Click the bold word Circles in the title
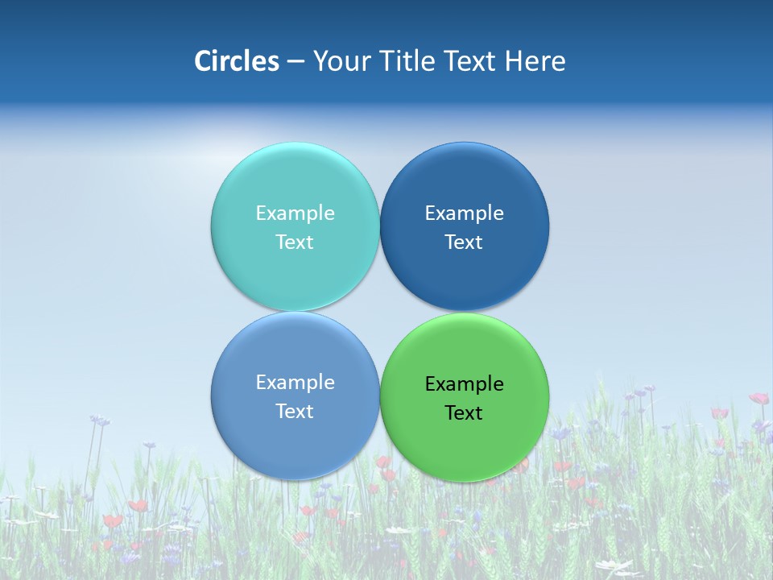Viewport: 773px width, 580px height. [x=237, y=61]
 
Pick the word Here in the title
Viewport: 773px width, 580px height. [x=535, y=61]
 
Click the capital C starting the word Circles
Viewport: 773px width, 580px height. [x=203, y=61]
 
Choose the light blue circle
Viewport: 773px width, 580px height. [x=295, y=439]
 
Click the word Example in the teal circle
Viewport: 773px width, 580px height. [x=295, y=213]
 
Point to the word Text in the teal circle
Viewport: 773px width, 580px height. [x=295, y=242]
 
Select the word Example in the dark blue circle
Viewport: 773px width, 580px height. [x=465, y=213]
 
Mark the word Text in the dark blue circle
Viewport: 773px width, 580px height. [x=465, y=242]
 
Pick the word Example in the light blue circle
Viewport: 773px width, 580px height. [x=295, y=382]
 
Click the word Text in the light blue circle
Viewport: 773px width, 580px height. [x=295, y=411]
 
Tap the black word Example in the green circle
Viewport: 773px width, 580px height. [x=465, y=383]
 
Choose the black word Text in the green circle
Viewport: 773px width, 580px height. [x=465, y=412]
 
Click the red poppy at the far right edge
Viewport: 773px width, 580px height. [x=759, y=398]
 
